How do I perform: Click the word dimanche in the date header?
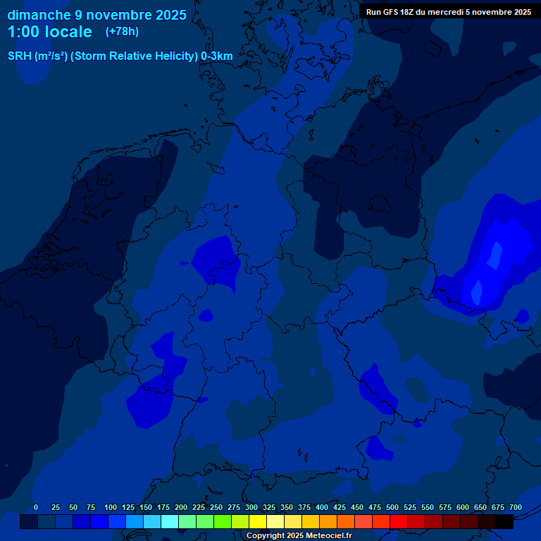point(38,14)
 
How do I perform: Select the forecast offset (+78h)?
point(122,31)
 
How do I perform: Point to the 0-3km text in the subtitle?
point(217,56)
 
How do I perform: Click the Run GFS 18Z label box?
point(449,11)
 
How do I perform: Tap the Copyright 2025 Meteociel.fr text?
point(299,536)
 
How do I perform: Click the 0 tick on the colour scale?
point(36,507)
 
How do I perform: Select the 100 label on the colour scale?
point(111,507)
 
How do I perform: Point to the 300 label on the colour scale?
point(251,507)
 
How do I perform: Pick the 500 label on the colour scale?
point(392,507)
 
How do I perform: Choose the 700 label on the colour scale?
point(515,507)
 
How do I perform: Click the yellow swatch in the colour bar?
point(258,522)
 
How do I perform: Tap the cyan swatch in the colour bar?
point(170,522)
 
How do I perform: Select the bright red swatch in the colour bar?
point(399,522)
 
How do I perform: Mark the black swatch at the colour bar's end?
point(504,522)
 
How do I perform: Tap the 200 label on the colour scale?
point(181,507)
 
